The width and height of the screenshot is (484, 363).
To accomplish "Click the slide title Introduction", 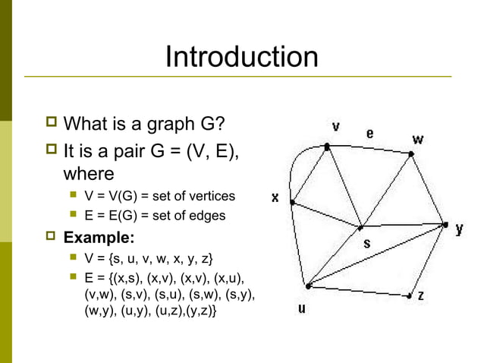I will point(241,57).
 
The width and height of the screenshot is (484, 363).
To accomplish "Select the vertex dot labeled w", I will point(411,154).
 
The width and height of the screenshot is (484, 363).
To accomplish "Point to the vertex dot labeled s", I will point(361,227).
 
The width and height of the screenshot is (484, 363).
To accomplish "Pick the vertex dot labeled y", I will point(445,225).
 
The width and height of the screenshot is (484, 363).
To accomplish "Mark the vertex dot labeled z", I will point(410,295).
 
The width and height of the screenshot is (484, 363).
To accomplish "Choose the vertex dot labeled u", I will point(307,286).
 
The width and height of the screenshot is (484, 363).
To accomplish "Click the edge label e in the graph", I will point(369,134).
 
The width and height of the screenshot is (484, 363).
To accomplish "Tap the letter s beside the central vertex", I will point(366,244).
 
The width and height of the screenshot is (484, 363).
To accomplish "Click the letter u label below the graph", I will point(302,310).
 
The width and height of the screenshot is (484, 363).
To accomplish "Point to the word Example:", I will point(99,235).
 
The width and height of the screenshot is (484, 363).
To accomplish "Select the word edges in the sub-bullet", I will point(208,216).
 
